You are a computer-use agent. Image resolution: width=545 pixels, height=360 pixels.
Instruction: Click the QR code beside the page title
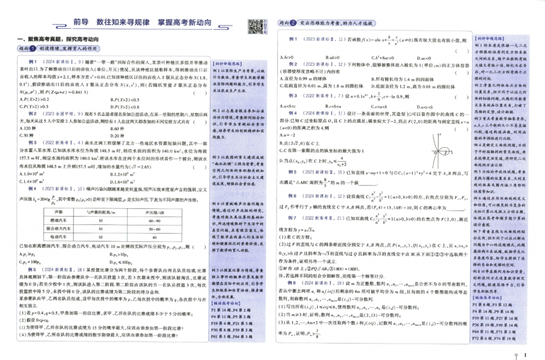pyautogui.click(x=254, y=25)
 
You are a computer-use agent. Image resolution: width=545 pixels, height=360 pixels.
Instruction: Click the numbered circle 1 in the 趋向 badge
pyautogui.click(x=32, y=49)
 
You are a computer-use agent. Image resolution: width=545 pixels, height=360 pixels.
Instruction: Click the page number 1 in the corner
pyautogui.click(x=525, y=355)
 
